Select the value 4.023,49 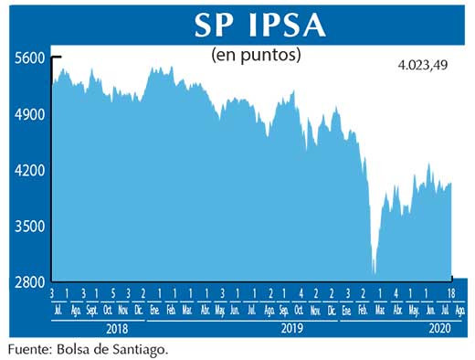pos(425,66)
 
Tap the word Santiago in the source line pos(139,349)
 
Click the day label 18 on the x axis pos(452,293)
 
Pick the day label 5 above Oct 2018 pos(112,293)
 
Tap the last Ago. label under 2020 pos(459,310)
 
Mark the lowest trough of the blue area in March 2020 pos(374,272)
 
